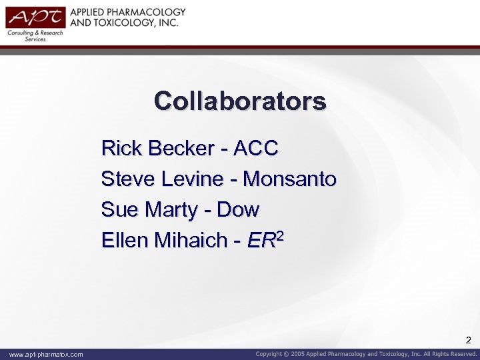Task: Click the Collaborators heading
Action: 240,101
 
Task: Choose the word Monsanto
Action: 290,179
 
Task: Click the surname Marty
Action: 171,210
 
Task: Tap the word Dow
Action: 238,209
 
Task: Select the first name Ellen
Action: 125,240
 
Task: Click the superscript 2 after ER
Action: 281,235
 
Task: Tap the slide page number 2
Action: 468,340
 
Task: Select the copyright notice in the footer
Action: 367,354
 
